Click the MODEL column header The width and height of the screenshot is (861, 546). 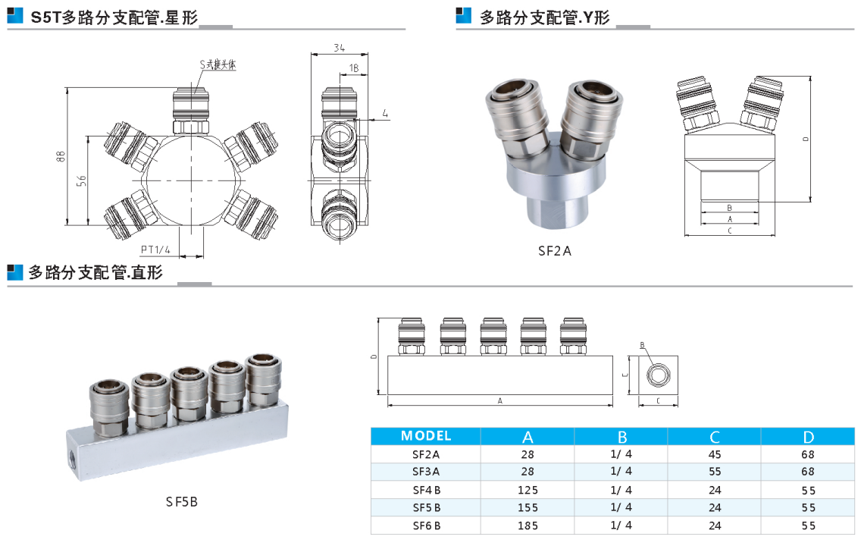click(x=425, y=436)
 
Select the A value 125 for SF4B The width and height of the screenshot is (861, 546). click(x=528, y=490)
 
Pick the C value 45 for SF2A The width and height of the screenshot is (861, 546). click(x=715, y=455)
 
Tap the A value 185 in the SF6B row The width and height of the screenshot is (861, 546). click(x=528, y=526)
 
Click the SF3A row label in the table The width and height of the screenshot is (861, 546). click(x=426, y=472)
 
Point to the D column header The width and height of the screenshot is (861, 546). click(x=808, y=438)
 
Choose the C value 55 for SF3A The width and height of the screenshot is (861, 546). click(x=715, y=472)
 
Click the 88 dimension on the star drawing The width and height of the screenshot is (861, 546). click(x=61, y=156)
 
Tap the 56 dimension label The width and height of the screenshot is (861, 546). click(x=82, y=180)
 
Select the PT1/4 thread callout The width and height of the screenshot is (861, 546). click(x=155, y=250)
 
